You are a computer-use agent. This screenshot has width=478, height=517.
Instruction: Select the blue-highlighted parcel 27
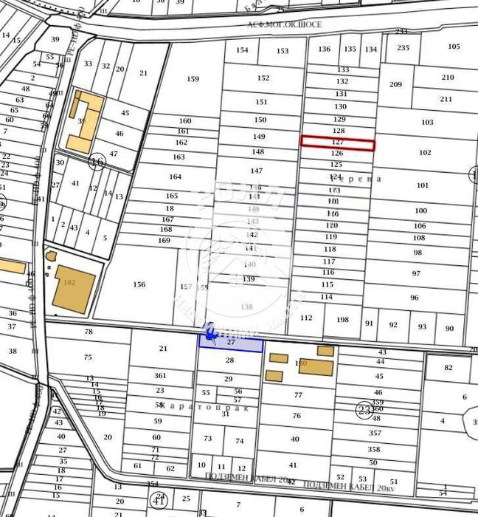tap(231, 343)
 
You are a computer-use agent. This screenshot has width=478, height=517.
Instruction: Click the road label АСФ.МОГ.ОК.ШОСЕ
tap(285, 24)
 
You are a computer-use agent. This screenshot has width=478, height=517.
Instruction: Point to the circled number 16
tap(97, 162)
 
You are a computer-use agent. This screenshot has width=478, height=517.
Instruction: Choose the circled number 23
tap(364, 410)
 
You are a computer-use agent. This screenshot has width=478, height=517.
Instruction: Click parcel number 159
tap(193, 79)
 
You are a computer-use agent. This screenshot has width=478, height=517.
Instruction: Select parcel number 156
tap(139, 284)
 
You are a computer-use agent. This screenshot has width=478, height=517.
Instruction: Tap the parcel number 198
tap(342, 320)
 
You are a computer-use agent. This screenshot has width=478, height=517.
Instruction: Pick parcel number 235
tap(403, 48)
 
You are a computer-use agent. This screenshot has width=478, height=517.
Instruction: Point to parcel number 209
tap(395, 85)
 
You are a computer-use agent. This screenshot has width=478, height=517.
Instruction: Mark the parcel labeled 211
tap(446, 99)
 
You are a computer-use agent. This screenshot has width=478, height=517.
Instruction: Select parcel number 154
tap(242, 50)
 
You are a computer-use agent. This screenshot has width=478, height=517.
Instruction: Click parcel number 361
tap(160, 376)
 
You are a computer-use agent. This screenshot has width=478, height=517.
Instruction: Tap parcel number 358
tap(374, 449)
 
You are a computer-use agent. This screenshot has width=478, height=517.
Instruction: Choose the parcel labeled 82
tap(448, 368)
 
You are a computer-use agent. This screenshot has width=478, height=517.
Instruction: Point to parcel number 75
tap(88, 357)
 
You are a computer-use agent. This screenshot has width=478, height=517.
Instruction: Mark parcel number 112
tap(307, 318)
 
